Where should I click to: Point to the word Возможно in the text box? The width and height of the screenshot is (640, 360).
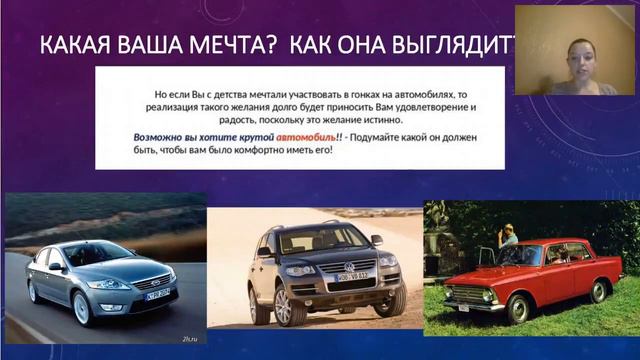click(161, 138)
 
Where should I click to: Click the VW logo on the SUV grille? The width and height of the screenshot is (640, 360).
click(348, 267)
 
